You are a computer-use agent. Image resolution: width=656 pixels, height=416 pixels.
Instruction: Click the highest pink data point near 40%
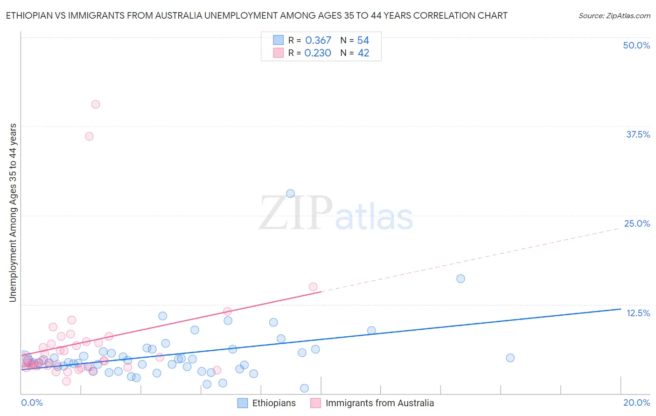click(x=96, y=104)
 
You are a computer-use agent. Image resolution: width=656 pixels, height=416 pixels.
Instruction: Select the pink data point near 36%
click(x=89, y=137)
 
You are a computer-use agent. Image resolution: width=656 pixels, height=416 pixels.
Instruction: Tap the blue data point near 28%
click(x=290, y=194)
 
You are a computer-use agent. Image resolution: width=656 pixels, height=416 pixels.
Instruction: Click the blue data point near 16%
click(x=461, y=279)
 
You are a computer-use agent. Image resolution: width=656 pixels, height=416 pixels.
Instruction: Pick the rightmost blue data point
click(x=510, y=358)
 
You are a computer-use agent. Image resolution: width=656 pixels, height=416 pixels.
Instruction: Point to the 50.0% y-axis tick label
click(x=636, y=45)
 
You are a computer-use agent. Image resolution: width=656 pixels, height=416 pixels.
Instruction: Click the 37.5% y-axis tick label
click(x=638, y=134)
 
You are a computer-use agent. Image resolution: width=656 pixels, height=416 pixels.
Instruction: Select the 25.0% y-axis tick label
click(x=637, y=223)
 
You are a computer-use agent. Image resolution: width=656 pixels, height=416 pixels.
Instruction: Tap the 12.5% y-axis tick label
click(x=638, y=313)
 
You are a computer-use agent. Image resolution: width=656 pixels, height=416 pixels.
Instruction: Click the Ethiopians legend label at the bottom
click(x=274, y=403)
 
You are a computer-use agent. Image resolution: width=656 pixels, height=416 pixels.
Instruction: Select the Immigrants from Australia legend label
click(x=379, y=403)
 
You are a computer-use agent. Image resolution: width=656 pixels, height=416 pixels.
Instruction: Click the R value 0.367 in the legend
click(x=318, y=41)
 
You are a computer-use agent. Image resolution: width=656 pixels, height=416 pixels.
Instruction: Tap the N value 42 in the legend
click(x=363, y=53)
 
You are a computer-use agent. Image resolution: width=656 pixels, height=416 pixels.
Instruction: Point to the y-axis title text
click(x=13, y=213)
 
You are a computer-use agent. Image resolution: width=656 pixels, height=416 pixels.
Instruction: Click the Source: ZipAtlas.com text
click(x=614, y=16)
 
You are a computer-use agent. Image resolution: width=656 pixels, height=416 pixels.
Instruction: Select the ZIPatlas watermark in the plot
click(x=336, y=213)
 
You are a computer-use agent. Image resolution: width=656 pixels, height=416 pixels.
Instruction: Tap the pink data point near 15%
click(x=313, y=287)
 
